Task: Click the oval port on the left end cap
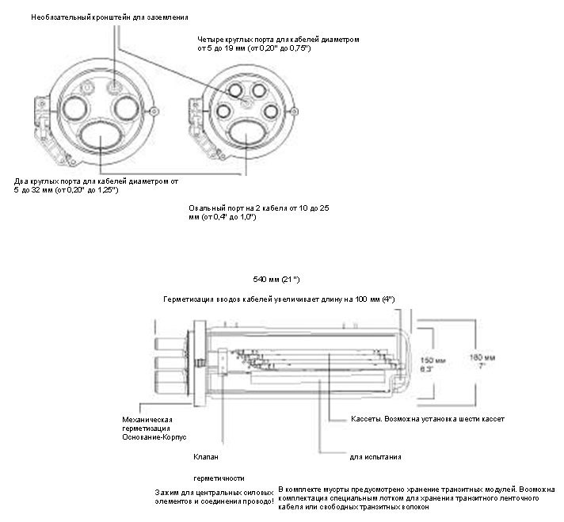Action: [x=101, y=138]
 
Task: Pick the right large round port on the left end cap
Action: [x=126, y=105]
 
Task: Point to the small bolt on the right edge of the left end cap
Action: [x=159, y=110]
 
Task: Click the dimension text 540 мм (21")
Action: [x=276, y=280]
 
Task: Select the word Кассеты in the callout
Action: [x=366, y=417]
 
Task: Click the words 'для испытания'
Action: [x=375, y=457]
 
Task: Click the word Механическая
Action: [x=147, y=418]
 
